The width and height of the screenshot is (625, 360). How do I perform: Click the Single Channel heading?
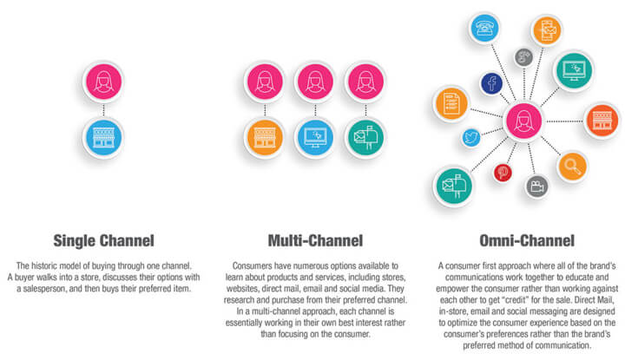103,241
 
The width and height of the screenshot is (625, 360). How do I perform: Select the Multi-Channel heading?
315,241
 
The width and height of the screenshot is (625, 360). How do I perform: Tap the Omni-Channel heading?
527,241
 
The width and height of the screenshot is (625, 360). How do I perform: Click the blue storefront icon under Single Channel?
103,138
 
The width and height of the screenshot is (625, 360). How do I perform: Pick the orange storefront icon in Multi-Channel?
265,138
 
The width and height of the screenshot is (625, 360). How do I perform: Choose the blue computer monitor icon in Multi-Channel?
315,138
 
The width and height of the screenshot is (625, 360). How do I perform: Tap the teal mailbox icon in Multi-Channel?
366,138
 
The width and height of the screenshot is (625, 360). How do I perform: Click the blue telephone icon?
484,29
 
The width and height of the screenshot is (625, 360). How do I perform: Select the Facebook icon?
492,83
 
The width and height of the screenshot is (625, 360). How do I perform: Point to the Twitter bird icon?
471,138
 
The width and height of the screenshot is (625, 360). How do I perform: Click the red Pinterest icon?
503,173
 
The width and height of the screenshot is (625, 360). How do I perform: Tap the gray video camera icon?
537,187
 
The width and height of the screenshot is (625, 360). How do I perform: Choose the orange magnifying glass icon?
572,167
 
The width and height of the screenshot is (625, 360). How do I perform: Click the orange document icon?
451,104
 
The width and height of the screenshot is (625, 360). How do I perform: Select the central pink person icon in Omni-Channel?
523,121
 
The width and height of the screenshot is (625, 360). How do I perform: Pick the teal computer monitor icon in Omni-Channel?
574,71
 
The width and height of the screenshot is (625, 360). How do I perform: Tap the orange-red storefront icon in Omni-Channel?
602,121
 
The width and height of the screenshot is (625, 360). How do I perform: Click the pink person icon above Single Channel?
103,82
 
